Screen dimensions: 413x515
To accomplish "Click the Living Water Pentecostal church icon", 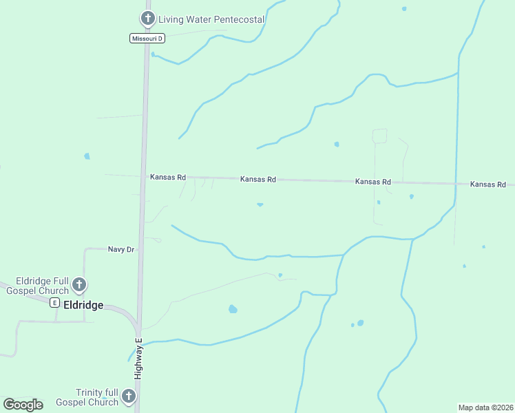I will click(147, 19).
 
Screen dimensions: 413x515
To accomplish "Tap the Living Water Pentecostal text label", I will click(211, 19).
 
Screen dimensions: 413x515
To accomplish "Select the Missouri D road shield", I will click(147, 39).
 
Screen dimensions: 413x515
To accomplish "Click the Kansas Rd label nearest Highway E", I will click(168, 177).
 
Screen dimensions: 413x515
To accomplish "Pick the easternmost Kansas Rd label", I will click(488, 184).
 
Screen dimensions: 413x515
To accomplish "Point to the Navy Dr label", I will click(120, 249).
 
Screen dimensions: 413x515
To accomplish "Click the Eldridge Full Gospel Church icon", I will click(79, 284).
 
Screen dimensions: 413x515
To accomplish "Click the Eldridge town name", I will click(83, 305).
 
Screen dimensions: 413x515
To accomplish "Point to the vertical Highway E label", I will click(138, 358).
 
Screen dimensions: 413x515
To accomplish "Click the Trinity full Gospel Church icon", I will click(129, 396).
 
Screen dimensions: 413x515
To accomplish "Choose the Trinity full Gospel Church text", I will click(87, 397).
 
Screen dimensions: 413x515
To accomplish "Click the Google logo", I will click(23, 405).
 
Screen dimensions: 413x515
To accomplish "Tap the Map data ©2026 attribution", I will click(485, 407).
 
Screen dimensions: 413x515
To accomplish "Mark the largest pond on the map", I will click(233, 309).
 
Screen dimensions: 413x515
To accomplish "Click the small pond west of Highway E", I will click(87, 156).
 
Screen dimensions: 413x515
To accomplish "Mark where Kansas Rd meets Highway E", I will click(144, 176).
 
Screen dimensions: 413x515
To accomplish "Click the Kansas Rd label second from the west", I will click(258, 179).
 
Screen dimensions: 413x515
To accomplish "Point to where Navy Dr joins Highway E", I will click(141, 248).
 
